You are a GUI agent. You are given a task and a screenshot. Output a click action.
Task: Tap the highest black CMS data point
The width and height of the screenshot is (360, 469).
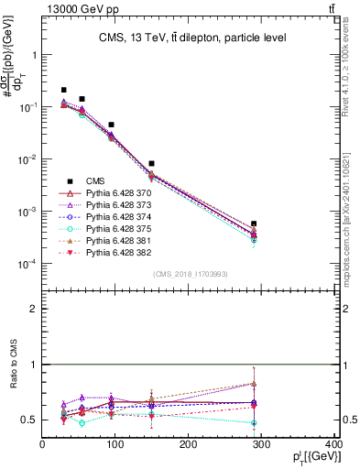[63, 90]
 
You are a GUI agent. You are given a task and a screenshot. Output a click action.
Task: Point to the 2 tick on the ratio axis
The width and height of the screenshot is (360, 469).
[35, 309]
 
